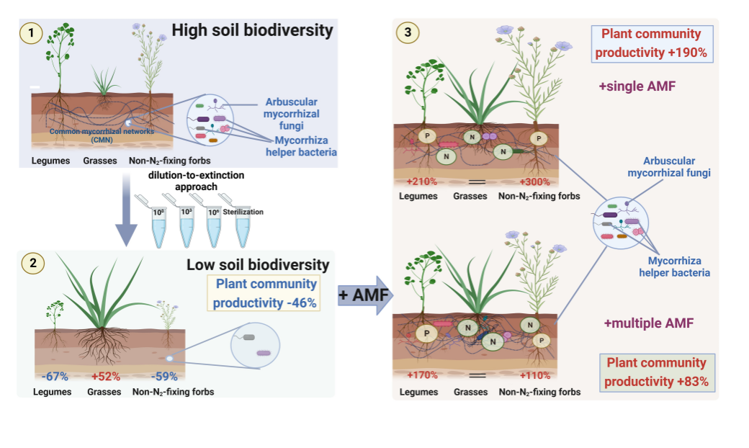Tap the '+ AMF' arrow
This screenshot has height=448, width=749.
364,295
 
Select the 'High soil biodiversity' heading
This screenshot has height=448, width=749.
252,30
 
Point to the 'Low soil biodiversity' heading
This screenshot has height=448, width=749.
258,264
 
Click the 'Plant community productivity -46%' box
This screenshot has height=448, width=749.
266,293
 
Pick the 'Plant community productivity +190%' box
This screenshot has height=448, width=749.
651,43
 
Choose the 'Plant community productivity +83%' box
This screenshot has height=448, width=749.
656,372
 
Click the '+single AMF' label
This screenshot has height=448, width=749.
637,86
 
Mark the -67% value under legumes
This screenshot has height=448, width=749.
55,376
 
